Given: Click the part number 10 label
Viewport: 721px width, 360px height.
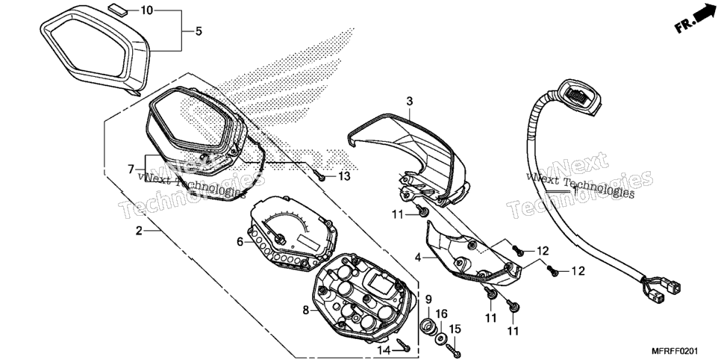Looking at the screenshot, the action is click(147, 10).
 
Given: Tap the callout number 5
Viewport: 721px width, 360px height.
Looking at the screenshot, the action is click(199, 31).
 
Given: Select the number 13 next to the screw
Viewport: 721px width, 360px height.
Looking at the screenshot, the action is click(344, 176).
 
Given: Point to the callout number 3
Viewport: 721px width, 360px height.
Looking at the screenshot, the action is click(409, 101).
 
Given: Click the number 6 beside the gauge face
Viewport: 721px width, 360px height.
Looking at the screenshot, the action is click(240, 242).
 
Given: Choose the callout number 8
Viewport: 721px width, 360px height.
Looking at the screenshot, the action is click(306, 311).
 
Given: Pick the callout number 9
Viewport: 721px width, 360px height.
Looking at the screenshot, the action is click(428, 300).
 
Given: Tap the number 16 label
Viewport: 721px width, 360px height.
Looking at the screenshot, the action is click(441, 314).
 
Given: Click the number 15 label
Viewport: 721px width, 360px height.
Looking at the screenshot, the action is click(455, 329).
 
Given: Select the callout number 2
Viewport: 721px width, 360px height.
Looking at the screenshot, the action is click(139, 231).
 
